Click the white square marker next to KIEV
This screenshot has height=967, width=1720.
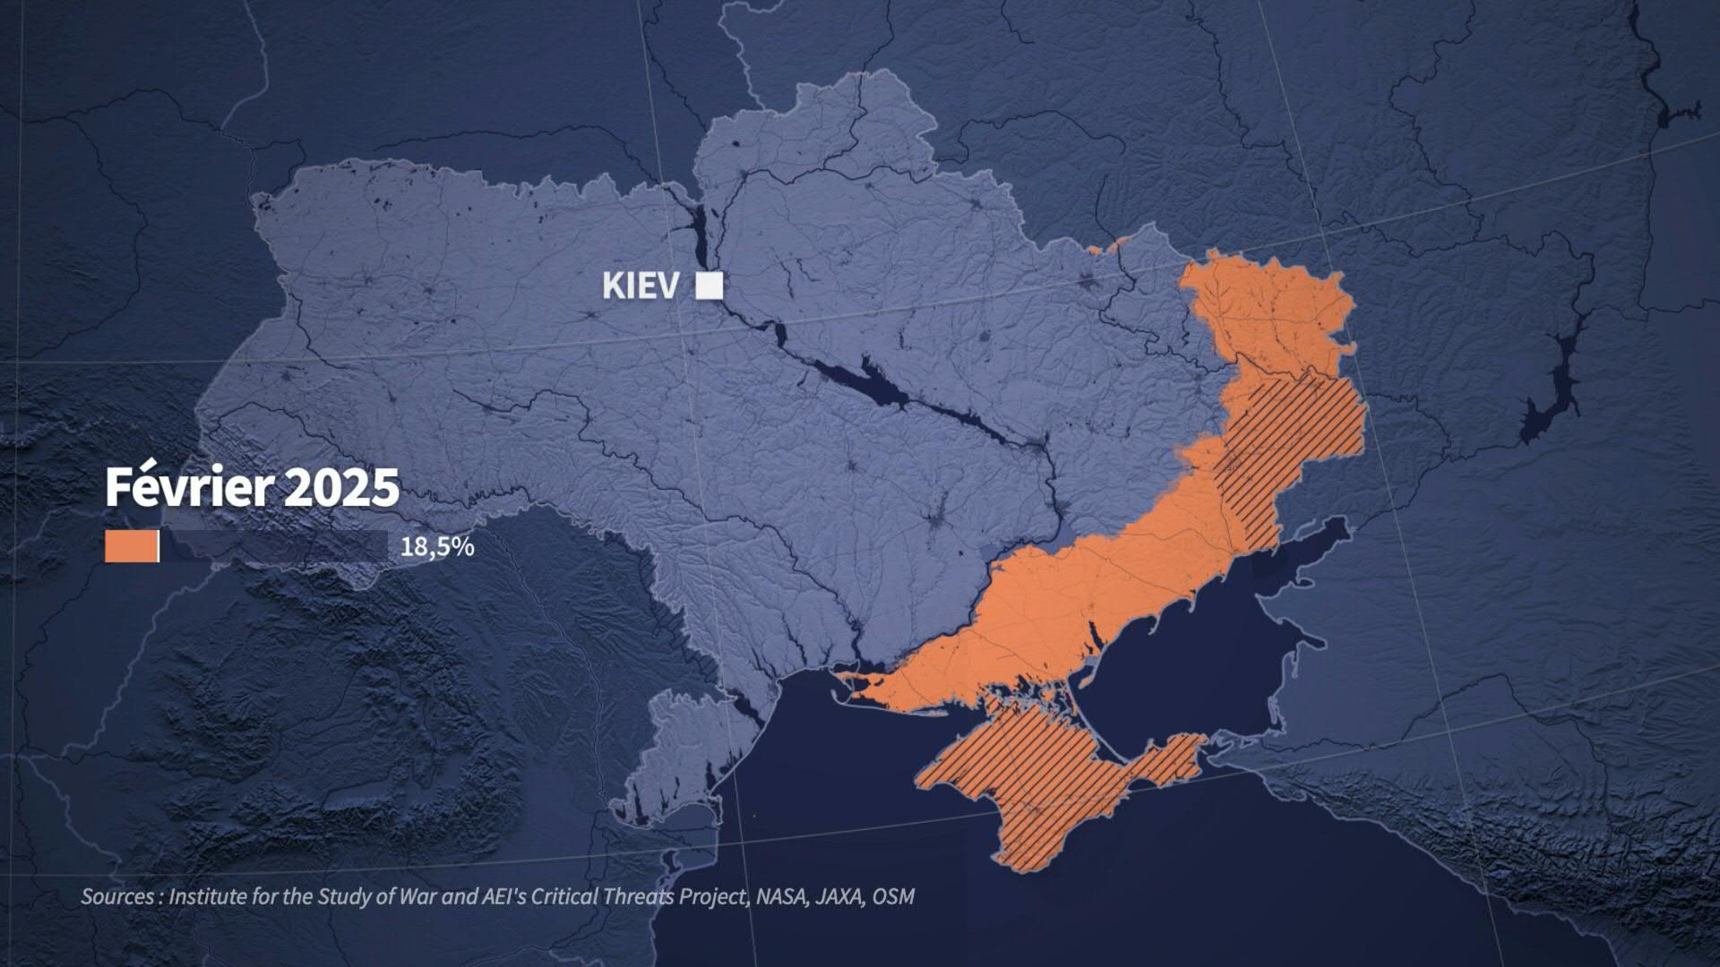pyautogui.click(x=709, y=286)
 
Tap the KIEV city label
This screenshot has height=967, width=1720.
pyautogui.click(x=641, y=287)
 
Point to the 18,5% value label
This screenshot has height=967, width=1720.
pyautogui.click(x=436, y=547)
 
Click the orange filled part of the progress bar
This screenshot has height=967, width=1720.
pyautogui.click(x=131, y=547)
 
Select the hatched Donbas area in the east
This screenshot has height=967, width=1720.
pyautogui.click(x=1290, y=430)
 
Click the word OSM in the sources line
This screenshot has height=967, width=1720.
pyautogui.click(x=893, y=896)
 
